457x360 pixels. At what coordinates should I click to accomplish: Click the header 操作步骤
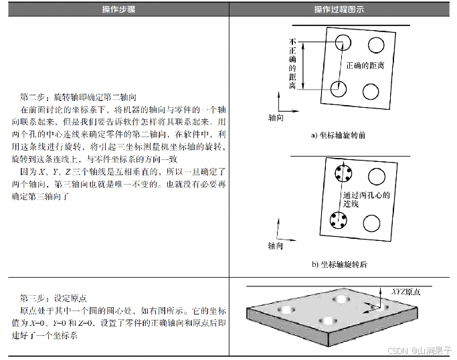115,9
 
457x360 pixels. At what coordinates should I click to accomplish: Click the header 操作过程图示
342,9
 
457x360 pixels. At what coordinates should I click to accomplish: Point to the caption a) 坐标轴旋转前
339,135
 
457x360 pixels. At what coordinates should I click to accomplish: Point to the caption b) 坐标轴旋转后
339,264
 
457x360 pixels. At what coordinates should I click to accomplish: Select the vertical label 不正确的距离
292,64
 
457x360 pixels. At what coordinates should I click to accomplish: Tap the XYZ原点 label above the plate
409,292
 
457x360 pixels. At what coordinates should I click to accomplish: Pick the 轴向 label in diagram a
276,116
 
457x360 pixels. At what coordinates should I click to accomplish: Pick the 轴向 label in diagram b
276,246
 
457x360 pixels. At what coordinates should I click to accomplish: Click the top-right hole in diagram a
376,43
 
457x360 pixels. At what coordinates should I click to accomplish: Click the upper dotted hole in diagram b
342,175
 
